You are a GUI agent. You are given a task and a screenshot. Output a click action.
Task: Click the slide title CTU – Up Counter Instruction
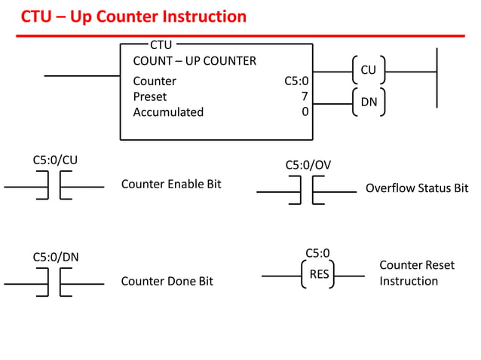pos(133,16)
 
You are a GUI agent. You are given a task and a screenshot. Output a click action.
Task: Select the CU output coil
pos(368,70)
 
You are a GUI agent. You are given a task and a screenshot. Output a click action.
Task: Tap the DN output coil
pos(368,102)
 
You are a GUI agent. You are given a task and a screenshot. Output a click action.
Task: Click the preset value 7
pos(305,96)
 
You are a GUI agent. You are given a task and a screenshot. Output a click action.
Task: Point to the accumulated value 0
pos(305,112)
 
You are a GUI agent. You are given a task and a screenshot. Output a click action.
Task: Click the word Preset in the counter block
pos(150,96)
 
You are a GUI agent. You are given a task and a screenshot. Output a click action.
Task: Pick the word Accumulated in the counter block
pos(168,112)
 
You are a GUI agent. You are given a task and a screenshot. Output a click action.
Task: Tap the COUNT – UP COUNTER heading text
pos(195,61)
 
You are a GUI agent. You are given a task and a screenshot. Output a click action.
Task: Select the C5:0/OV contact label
pos(308,165)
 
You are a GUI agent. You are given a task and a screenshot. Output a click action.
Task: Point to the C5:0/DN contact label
pos(55,257)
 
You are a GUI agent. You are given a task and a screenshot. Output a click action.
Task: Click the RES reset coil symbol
pos(319,275)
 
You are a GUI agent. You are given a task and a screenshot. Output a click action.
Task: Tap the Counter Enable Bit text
pos(171,184)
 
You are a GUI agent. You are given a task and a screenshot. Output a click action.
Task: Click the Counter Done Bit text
pos(167,281)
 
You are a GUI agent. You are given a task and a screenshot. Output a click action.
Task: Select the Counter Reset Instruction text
pos(416,273)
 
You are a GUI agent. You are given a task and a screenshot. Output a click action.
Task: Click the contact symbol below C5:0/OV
pos(307,191)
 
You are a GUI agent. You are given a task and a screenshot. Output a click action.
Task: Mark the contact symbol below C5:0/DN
pos(54,283)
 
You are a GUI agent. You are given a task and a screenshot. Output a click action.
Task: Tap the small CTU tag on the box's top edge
pos(161,44)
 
